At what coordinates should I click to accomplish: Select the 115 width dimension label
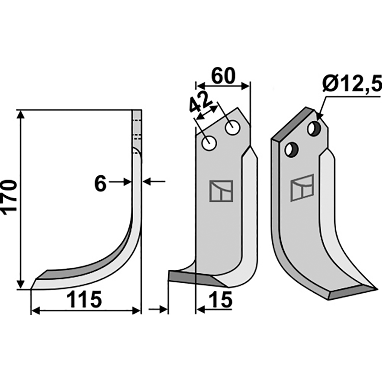[x=84, y=300]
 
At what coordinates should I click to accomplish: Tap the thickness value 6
[x=100, y=183]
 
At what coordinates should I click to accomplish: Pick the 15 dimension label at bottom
[x=220, y=300]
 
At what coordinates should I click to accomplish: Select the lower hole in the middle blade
[x=209, y=143]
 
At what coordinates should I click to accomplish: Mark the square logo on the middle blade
[x=221, y=191]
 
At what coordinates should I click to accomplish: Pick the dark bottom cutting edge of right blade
[x=351, y=292]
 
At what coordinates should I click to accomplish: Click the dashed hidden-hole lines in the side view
[x=137, y=128]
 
